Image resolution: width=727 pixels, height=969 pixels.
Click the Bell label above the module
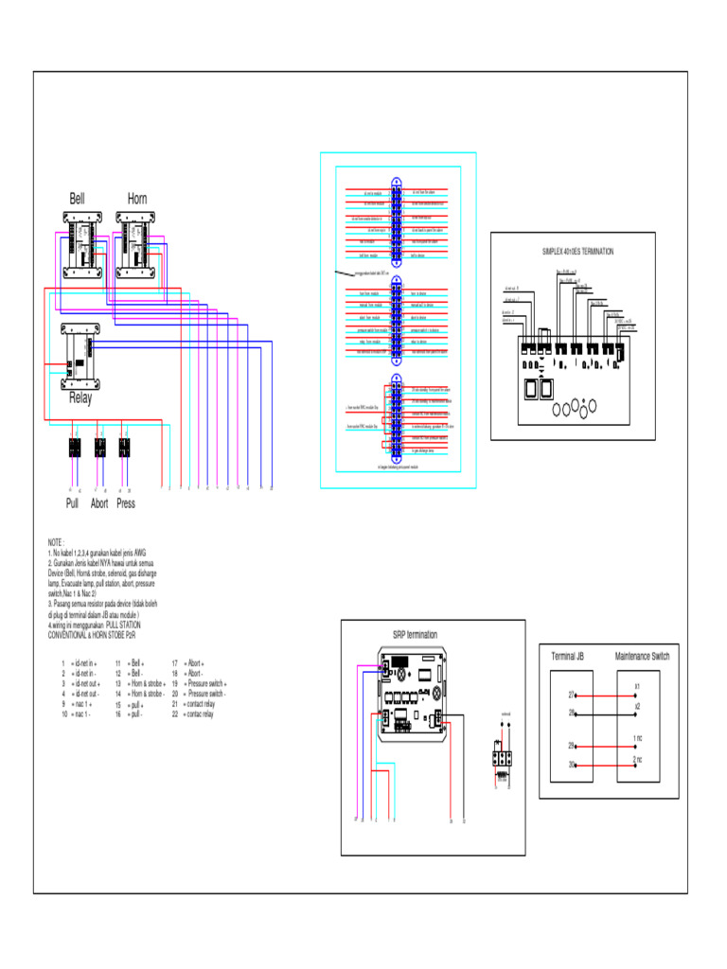pos(77,199)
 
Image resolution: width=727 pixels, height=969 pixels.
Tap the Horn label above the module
pos(137,199)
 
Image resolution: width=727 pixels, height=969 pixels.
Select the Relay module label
pos(80,398)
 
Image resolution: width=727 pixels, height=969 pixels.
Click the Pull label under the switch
pos(72,503)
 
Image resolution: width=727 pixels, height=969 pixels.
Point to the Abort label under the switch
pos(99,503)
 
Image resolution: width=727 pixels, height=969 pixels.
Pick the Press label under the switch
pos(126,503)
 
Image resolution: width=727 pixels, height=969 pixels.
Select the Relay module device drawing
pos(80,356)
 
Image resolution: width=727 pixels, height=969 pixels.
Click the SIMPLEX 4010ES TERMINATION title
pos(577,252)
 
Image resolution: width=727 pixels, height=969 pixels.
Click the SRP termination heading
pos(415,635)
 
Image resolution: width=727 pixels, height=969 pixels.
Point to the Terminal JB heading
pos(568,656)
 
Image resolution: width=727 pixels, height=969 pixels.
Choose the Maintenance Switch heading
pos(642,656)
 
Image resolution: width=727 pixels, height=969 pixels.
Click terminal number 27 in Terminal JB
pos(571,695)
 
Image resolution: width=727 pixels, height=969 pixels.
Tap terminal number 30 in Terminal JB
pos(571,764)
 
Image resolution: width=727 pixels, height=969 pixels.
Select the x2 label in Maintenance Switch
pos(637,707)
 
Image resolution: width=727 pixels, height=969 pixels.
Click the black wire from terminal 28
pos(604,713)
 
